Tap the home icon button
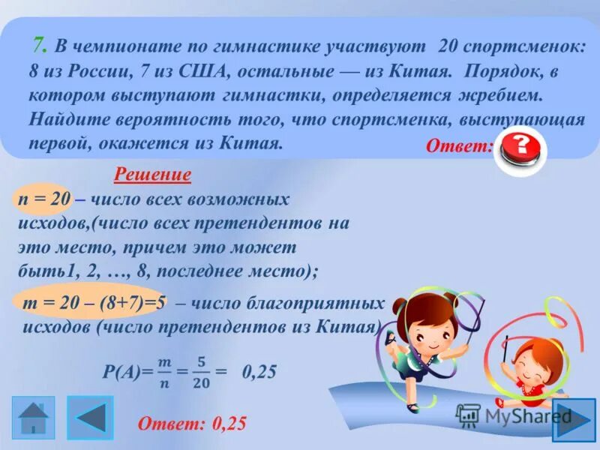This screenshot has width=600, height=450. [x=33, y=417]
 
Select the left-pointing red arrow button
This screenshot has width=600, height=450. [x=91, y=417]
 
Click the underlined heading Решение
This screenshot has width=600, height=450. [x=152, y=176]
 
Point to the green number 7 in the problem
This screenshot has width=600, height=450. [x=38, y=46]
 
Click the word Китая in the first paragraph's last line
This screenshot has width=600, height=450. [x=245, y=142]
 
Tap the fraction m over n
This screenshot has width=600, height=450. [x=164, y=373]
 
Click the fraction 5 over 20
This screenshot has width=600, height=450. [x=199, y=373]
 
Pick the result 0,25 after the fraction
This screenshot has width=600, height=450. [x=259, y=372]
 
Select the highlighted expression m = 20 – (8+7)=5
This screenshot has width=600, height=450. [x=94, y=303]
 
